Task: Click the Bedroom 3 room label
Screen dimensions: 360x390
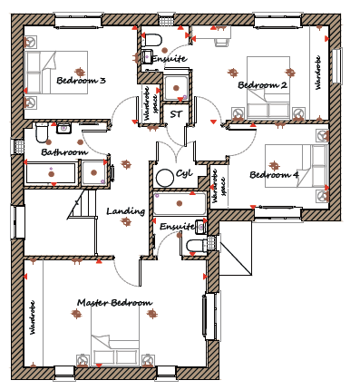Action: click(81, 81)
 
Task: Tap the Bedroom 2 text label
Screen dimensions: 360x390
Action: click(262, 85)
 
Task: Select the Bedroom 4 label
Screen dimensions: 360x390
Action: click(274, 175)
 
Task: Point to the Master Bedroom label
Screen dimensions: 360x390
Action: click(114, 303)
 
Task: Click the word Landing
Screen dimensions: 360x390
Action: click(126, 211)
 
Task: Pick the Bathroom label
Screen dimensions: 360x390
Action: click(64, 151)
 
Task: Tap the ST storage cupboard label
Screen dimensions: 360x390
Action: click(176, 114)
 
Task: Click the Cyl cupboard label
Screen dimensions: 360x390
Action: click(184, 173)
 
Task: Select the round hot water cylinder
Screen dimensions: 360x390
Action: click(165, 178)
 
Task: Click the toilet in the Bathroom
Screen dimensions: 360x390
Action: click(42, 132)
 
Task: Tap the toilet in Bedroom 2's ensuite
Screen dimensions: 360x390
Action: click(152, 41)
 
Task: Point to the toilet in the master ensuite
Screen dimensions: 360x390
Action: click(195, 246)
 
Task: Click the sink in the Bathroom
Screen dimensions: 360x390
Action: click(63, 128)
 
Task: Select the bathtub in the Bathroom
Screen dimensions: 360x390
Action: click(51, 173)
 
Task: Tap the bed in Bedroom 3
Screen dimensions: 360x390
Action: click(56, 73)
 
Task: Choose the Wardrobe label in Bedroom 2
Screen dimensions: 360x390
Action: click(318, 73)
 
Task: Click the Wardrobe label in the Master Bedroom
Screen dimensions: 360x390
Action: click(33, 317)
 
